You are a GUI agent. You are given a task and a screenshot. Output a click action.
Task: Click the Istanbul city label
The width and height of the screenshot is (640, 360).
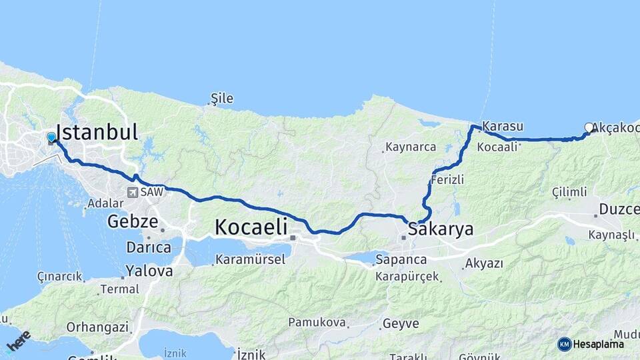click(x=97, y=131)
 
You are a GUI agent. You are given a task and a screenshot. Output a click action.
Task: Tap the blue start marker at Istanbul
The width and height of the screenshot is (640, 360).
click(x=51, y=137)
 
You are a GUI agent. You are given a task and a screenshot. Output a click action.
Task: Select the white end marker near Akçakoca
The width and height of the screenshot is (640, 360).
click(x=589, y=127)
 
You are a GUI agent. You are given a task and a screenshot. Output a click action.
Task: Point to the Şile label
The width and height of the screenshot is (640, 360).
click(x=221, y=99)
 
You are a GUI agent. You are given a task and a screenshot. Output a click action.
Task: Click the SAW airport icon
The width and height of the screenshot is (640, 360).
click(x=133, y=192)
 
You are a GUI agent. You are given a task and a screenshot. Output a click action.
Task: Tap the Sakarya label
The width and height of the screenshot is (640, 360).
click(x=441, y=229)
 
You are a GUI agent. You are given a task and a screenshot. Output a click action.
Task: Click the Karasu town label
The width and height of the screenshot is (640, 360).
click(x=503, y=126)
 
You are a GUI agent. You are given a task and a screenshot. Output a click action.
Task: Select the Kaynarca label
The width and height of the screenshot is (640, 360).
click(x=411, y=147)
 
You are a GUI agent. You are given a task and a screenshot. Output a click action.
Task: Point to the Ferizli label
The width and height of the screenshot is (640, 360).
click(x=447, y=180)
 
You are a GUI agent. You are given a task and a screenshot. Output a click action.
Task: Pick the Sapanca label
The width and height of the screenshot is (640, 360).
click(x=400, y=259)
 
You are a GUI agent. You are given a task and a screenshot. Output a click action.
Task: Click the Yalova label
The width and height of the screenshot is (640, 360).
click(x=149, y=271)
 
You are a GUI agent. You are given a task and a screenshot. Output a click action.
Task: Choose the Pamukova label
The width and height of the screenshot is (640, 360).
click(x=317, y=323)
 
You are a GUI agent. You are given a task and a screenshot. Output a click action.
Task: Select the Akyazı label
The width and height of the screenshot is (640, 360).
click(x=484, y=263)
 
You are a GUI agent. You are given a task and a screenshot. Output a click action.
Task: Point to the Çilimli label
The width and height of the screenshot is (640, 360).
click(x=570, y=193)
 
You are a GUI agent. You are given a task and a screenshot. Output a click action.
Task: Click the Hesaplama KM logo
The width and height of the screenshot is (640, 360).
click(x=565, y=344)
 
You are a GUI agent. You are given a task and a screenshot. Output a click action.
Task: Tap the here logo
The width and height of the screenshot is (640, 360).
click(x=19, y=341)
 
